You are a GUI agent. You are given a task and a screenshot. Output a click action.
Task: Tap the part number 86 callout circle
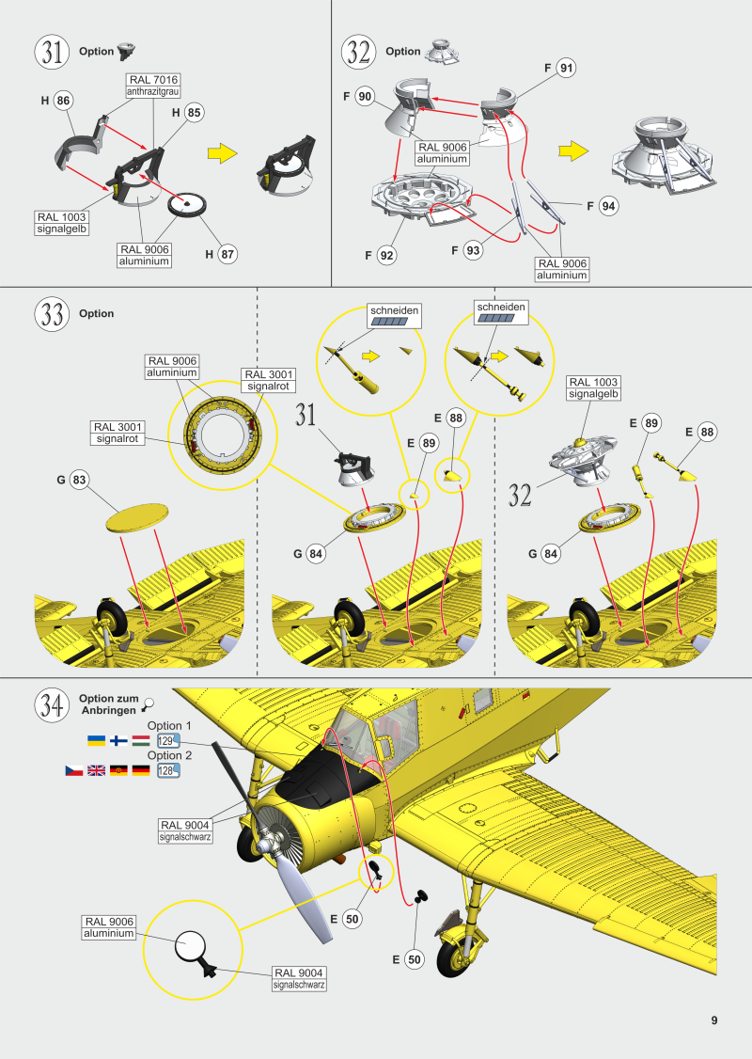click(x=63, y=101)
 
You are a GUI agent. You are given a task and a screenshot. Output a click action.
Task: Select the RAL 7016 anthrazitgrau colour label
click(x=152, y=86)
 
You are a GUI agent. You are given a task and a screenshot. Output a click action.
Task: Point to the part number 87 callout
click(x=227, y=253)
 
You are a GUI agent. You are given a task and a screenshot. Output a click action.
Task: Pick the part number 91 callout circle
click(x=566, y=68)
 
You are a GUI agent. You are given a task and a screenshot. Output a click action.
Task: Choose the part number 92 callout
click(x=386, y=254)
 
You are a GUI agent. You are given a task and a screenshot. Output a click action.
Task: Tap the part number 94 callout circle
click(x=608, y=206)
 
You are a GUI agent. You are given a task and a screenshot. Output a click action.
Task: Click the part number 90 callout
click(x=366, y=97)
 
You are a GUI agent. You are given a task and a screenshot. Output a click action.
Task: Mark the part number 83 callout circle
click(x=79, y=481)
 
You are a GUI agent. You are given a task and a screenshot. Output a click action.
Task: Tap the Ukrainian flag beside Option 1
click(x=96, y=741)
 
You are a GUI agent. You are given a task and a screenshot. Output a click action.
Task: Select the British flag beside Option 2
click(x=96, y=770)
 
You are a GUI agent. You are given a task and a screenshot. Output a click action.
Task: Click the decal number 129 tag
click(x=167, y=741)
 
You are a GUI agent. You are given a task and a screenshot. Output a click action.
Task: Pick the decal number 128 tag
click(x=167, y=770)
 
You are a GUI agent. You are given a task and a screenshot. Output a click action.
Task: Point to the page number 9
click(x=714, y=1020)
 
